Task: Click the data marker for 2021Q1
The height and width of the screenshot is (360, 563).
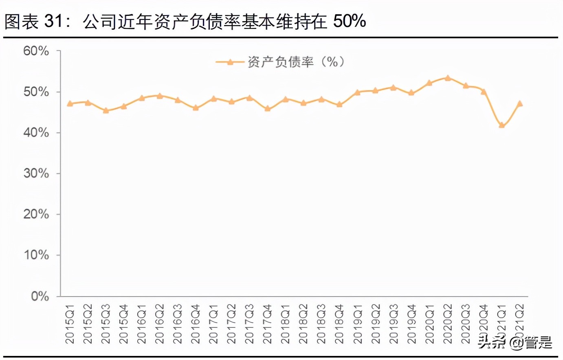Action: pyautogui.click(x=501, y=125)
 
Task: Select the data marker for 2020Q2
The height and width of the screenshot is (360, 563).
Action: pyautogui.click(x=448, y=78)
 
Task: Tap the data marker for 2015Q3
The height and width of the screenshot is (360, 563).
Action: pyautogui.click(x=106, y=110)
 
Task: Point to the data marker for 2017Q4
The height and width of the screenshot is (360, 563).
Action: pyautogui.click(x=268, y=108)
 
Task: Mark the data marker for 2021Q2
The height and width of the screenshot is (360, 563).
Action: pyautogui.click(x=519, y=103)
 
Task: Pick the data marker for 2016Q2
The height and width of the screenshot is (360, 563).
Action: pyautogui.click(x=160, y=96)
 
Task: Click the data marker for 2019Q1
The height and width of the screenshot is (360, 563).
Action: pyautogui.click(x=357, y=92)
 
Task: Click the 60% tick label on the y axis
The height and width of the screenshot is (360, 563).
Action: pyautogui.click(x=36, y=51)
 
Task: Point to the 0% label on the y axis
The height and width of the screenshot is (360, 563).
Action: pyautogui.click(x=40, y=296)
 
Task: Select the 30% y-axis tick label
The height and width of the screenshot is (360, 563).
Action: pyautogui.click(x=36, y=173)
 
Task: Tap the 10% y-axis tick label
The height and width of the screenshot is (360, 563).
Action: pyautogui.click(x=36, y=255)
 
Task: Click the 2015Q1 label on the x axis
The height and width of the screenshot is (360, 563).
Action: pyautogui.click(x=70, y=324)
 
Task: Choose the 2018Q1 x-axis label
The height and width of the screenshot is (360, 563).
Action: pyautogui.click(x=286, y=324)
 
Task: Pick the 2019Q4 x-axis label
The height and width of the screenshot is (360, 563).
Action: pyautogui.click(x=411, y=324)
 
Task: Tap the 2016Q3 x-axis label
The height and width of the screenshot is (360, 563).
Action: pyautogui.click(x=178, y=324)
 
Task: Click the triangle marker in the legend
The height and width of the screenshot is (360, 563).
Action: pyautogui.click(x=230, y=62)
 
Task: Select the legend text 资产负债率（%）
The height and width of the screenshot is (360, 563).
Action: pyautogui.click(x=296, y=62)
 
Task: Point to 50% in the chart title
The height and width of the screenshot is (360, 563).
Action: pyautogui.click(x=349, y=21)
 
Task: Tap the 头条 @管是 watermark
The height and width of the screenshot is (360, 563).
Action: pyautogui.click(x=515, y=342)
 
